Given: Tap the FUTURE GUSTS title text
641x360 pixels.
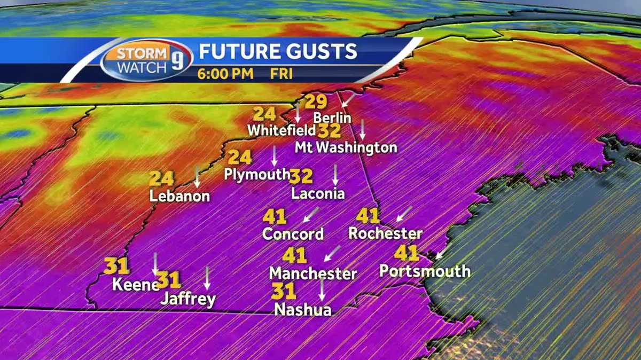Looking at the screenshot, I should click(277, 51).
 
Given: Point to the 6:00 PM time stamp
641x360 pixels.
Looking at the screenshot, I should click(225, 74).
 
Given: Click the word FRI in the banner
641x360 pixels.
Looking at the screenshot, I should click(281, 74).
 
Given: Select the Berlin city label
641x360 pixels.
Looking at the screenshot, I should click(332, 118).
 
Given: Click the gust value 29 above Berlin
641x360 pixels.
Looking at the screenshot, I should click(316, 102).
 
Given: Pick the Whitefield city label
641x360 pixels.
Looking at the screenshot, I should click(282, 130).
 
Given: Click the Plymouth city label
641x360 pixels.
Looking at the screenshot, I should click(257, 174).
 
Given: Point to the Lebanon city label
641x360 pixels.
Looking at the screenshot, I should click(179, 196).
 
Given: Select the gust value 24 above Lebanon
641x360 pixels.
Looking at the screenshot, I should click(161, 178).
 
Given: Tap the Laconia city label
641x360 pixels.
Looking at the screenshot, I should click(318, 193).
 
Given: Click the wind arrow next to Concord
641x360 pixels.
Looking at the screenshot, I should click(310, 215).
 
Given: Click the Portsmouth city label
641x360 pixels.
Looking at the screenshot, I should click(425, 271).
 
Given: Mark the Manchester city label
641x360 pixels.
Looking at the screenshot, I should click(313, 273).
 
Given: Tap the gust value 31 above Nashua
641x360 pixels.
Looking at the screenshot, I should click(284, 291).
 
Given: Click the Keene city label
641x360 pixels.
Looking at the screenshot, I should click(135, 285).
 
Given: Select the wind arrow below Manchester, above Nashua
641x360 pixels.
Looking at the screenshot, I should click(322, 289).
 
